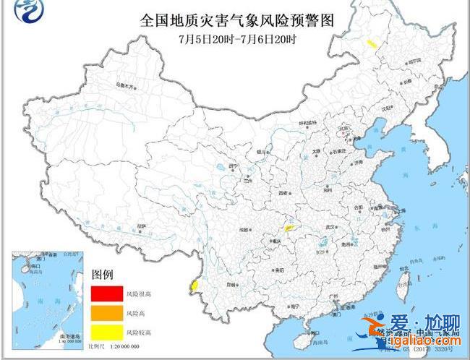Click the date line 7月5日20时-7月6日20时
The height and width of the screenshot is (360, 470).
click(x=237, y=38)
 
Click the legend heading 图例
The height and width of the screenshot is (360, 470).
click(x=103, y=275)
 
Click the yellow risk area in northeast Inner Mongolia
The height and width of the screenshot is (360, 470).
click(x=372, y=45)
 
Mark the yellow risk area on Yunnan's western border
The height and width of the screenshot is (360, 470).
click(x=194, y=287)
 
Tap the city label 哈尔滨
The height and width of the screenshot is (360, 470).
click(x=412, y=62)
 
